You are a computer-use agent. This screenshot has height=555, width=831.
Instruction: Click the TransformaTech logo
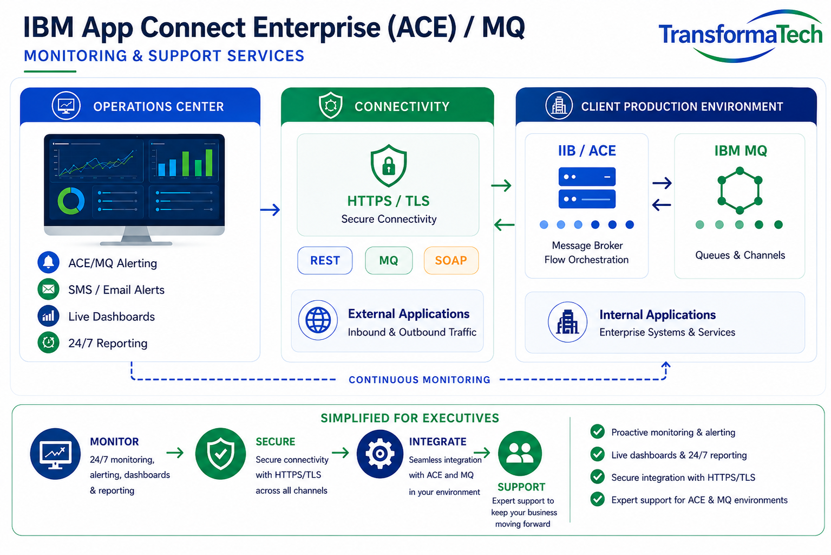[741, 36]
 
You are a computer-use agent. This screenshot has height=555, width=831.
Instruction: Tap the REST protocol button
[325, 260]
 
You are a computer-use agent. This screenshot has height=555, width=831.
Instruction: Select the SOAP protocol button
[451, 260]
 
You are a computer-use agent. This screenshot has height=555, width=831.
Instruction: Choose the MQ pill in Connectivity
[389, 260]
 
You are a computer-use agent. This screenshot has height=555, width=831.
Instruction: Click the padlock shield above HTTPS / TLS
[388, 166]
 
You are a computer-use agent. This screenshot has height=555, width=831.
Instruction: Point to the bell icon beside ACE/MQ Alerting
[48, 262]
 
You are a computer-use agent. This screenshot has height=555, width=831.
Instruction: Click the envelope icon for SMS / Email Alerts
[48, 289]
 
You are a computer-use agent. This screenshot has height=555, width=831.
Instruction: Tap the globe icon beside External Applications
[318, 320]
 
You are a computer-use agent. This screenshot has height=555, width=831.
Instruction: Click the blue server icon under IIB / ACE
[587, 188]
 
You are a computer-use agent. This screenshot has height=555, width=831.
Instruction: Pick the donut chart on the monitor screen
[71, 201]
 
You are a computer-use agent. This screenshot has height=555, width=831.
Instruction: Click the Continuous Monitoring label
[420, 379]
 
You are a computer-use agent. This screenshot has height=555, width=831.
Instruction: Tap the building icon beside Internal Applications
[567, 322]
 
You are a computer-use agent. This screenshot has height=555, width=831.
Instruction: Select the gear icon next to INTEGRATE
[380, 454]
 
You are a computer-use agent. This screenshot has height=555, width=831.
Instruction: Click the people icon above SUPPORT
[520, 453]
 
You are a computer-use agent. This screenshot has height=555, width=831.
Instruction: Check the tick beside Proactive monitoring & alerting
[597, 431]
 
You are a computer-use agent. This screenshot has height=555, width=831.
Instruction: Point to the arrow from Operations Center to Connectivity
[270, 210]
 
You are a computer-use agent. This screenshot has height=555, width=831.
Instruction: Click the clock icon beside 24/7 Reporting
[48, 342]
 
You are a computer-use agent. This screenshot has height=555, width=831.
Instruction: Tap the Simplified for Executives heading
[410, 418]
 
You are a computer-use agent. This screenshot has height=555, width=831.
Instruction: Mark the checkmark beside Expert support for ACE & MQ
[597, 499]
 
